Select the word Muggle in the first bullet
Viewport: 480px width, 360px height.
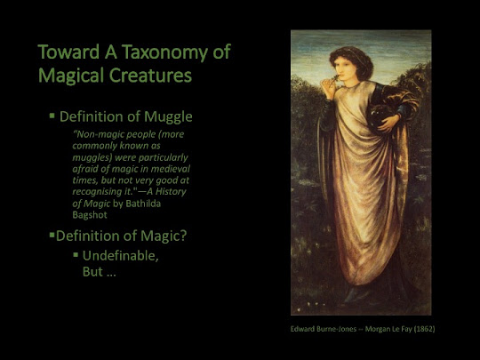click(168, 117)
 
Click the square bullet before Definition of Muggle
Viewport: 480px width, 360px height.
click(52, 116)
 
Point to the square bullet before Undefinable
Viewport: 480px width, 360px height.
click(76, 254)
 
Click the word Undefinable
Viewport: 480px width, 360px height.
click(121, 256)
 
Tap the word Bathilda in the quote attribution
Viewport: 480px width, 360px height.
click(143, 204)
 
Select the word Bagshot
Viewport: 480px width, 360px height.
click(90, 215)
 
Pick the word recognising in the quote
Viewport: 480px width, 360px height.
click(97, 192)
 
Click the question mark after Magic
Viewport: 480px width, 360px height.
click(183, 236)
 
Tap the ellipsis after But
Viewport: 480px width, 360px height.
click(111, 273)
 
